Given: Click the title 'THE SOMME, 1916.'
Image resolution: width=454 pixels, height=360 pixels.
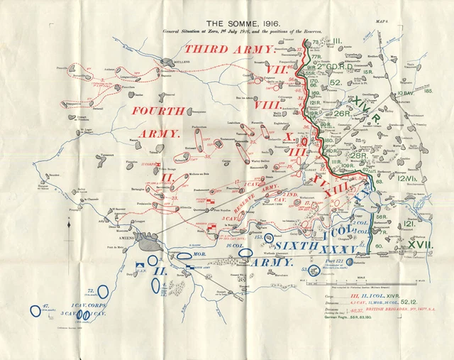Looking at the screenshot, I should (x=227, y=22).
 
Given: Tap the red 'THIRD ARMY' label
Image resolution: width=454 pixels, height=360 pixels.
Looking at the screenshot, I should (x=229, y=49).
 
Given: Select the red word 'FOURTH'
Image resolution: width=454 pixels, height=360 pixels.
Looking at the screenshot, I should (x=158, y=111).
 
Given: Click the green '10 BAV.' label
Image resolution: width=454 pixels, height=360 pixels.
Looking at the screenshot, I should (x=405, y=93).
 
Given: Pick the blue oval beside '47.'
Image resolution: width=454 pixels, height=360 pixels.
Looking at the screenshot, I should (x=35, y=310).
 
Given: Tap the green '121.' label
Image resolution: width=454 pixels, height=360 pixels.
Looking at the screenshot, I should (x=409, y=223).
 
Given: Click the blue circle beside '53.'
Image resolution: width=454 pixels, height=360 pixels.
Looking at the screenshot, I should (x=314, y=270).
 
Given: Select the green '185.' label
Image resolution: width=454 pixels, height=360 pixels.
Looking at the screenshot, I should (x=428, y=91).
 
